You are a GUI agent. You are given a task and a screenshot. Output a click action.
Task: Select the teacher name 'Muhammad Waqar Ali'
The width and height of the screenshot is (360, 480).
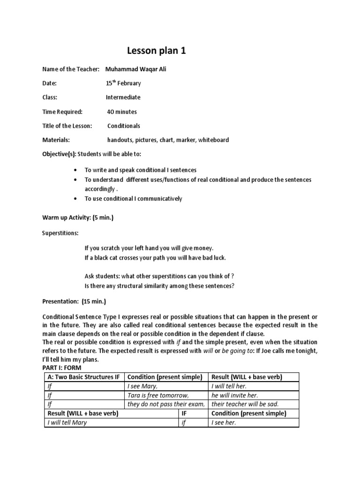[x=136, y=69]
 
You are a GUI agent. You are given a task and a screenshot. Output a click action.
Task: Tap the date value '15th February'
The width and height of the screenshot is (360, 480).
[x=123, y=83]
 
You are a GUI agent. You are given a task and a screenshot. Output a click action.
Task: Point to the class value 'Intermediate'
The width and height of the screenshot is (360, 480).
[x=123, y=97]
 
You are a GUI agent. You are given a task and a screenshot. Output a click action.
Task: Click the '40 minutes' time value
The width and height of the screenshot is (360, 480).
[x=122, y=112]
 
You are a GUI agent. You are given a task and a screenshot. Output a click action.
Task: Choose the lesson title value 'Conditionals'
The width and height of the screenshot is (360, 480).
[x=124, y=126]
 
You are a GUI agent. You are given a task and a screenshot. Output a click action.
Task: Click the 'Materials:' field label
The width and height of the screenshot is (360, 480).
[x=56, y=140]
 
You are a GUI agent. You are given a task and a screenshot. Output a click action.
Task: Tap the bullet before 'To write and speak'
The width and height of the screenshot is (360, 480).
[x=76, y=170]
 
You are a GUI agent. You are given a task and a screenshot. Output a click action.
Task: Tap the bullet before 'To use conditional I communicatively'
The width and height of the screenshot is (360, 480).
[x=76, y=199]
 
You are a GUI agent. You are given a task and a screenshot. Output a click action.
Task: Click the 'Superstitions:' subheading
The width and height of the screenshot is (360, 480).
[x=60, y=232]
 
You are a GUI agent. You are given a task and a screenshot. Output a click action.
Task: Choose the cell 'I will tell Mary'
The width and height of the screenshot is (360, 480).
[x=67, y=422]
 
